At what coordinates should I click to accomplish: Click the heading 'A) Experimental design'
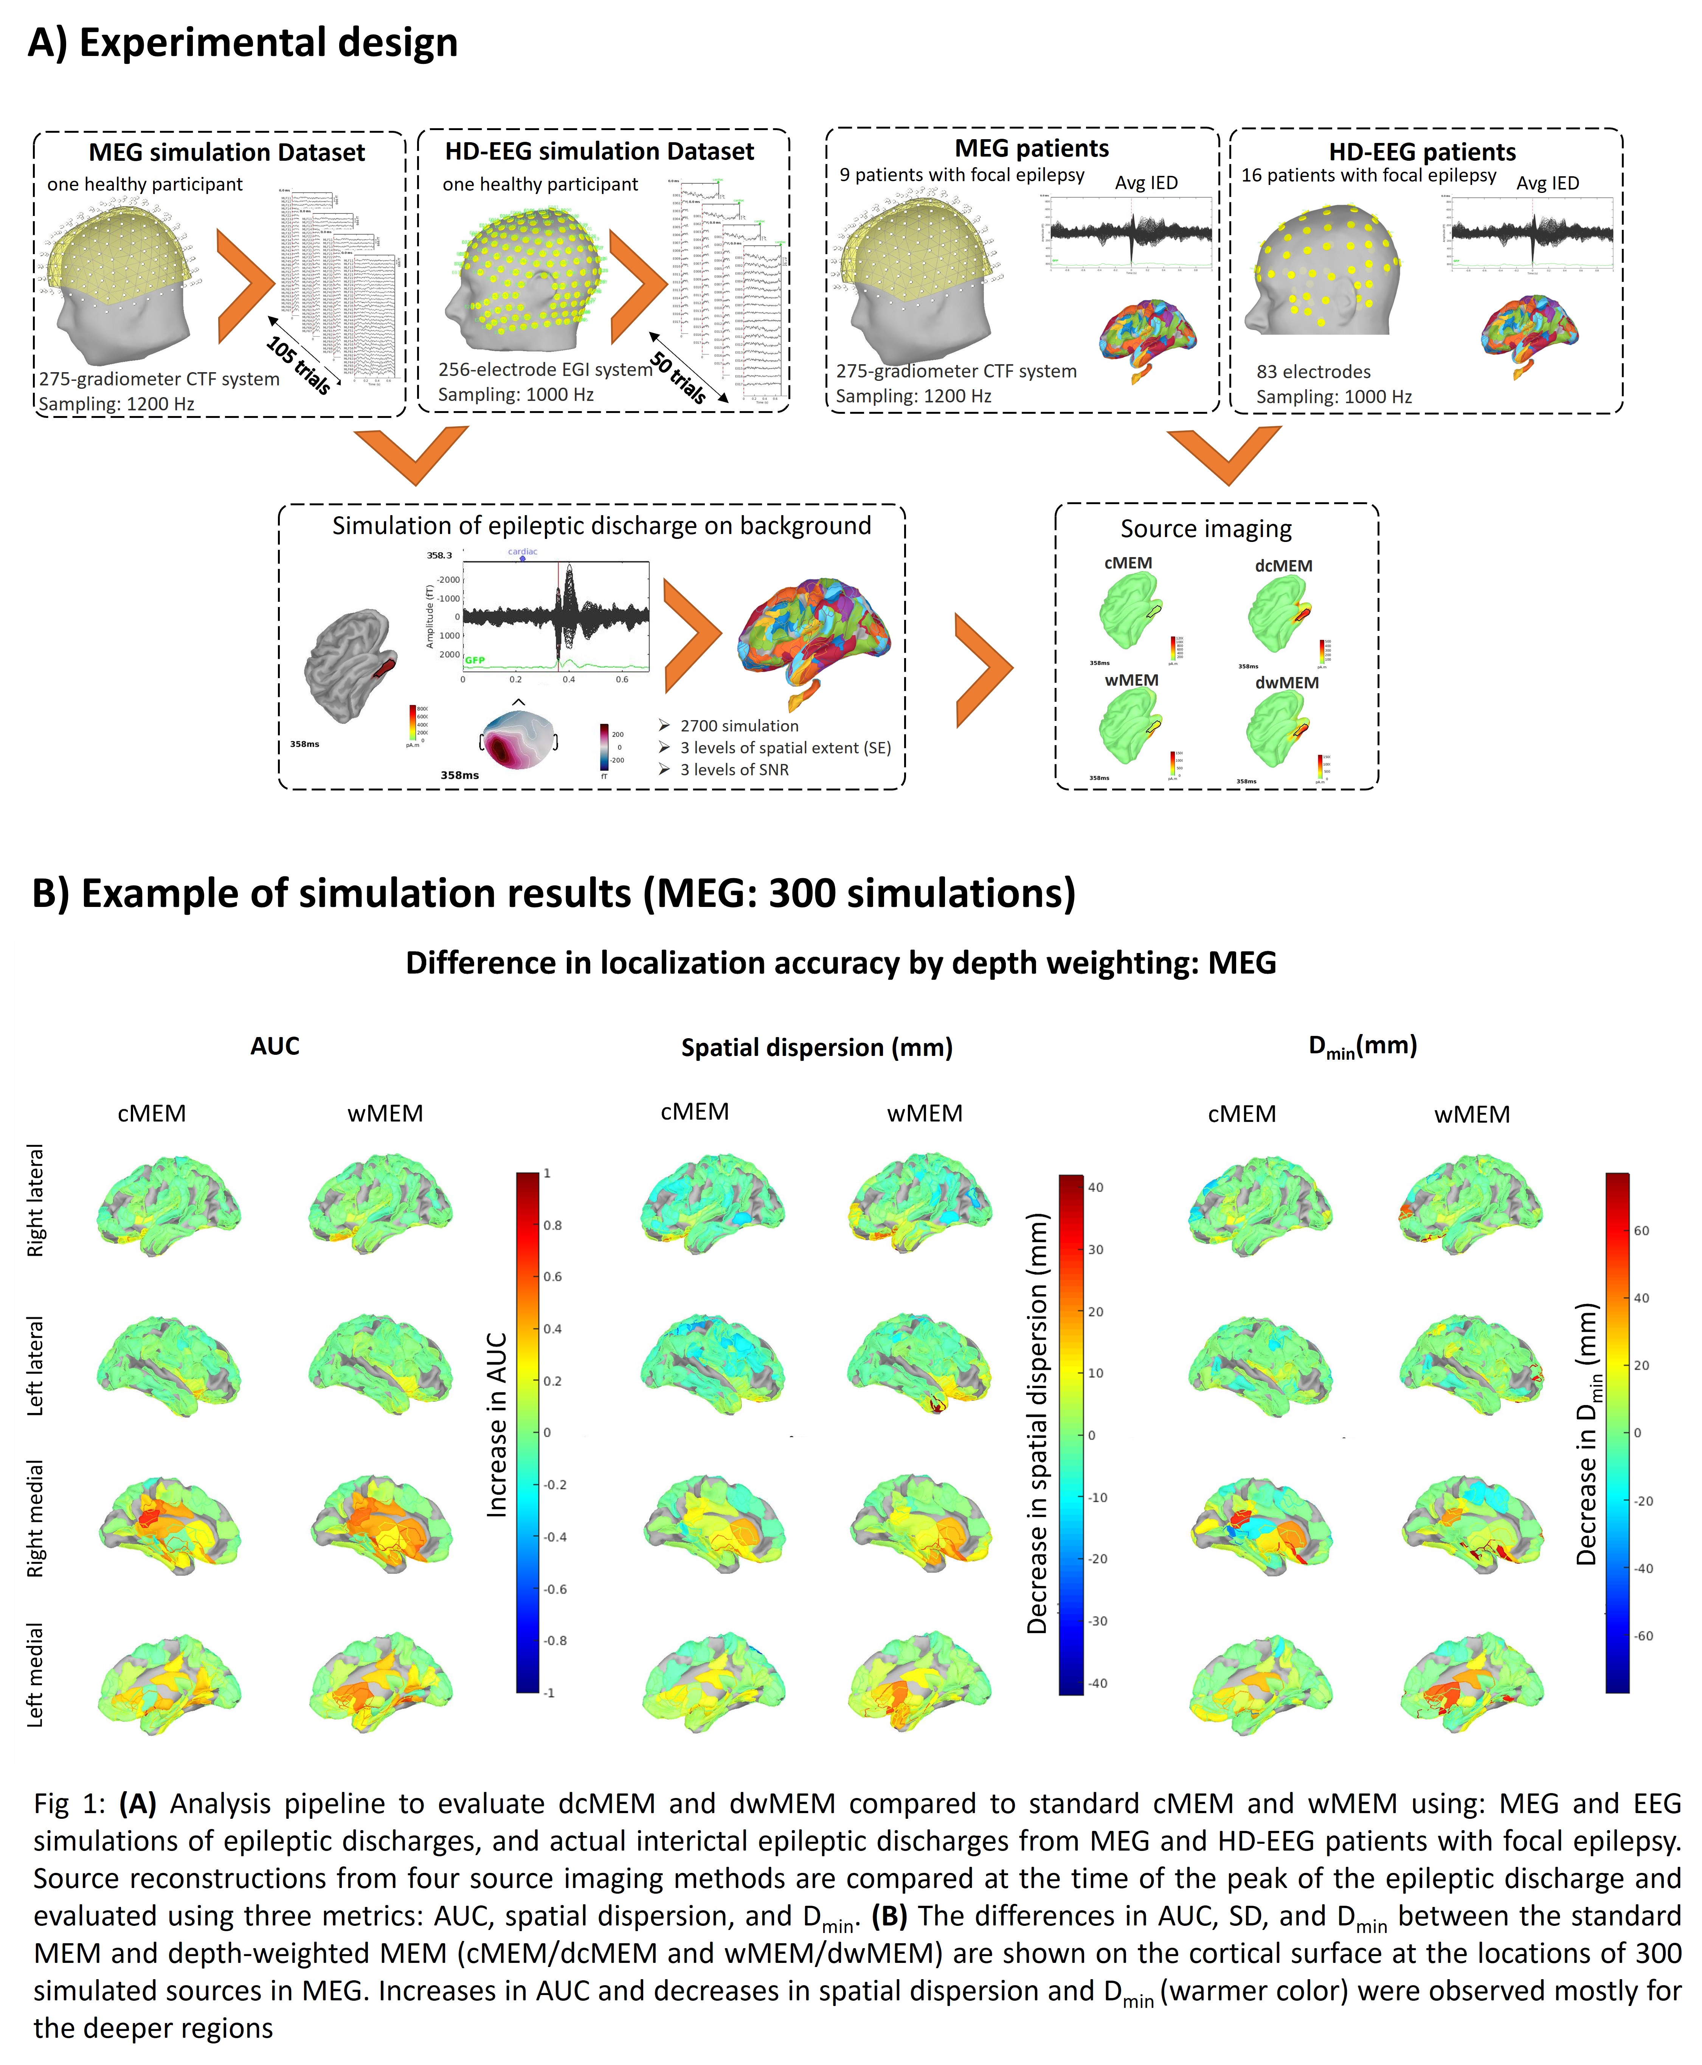tap(243, 43)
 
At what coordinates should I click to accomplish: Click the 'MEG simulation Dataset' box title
tap(227, 153)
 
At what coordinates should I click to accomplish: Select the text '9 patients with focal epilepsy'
tap(962, 175)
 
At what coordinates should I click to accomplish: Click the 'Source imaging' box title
tap(1206, 529)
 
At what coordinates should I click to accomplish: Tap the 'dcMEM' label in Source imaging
tap(1283, 566)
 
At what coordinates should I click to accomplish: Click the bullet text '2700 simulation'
tap(739, 726)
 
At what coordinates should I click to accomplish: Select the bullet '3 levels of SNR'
tap(734, 770)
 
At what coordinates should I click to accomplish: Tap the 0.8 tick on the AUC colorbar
tap(553, 1226)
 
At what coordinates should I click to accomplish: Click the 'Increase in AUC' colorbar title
tap(497, 1425)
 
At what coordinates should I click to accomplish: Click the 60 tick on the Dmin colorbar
tap(1641, 1231)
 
